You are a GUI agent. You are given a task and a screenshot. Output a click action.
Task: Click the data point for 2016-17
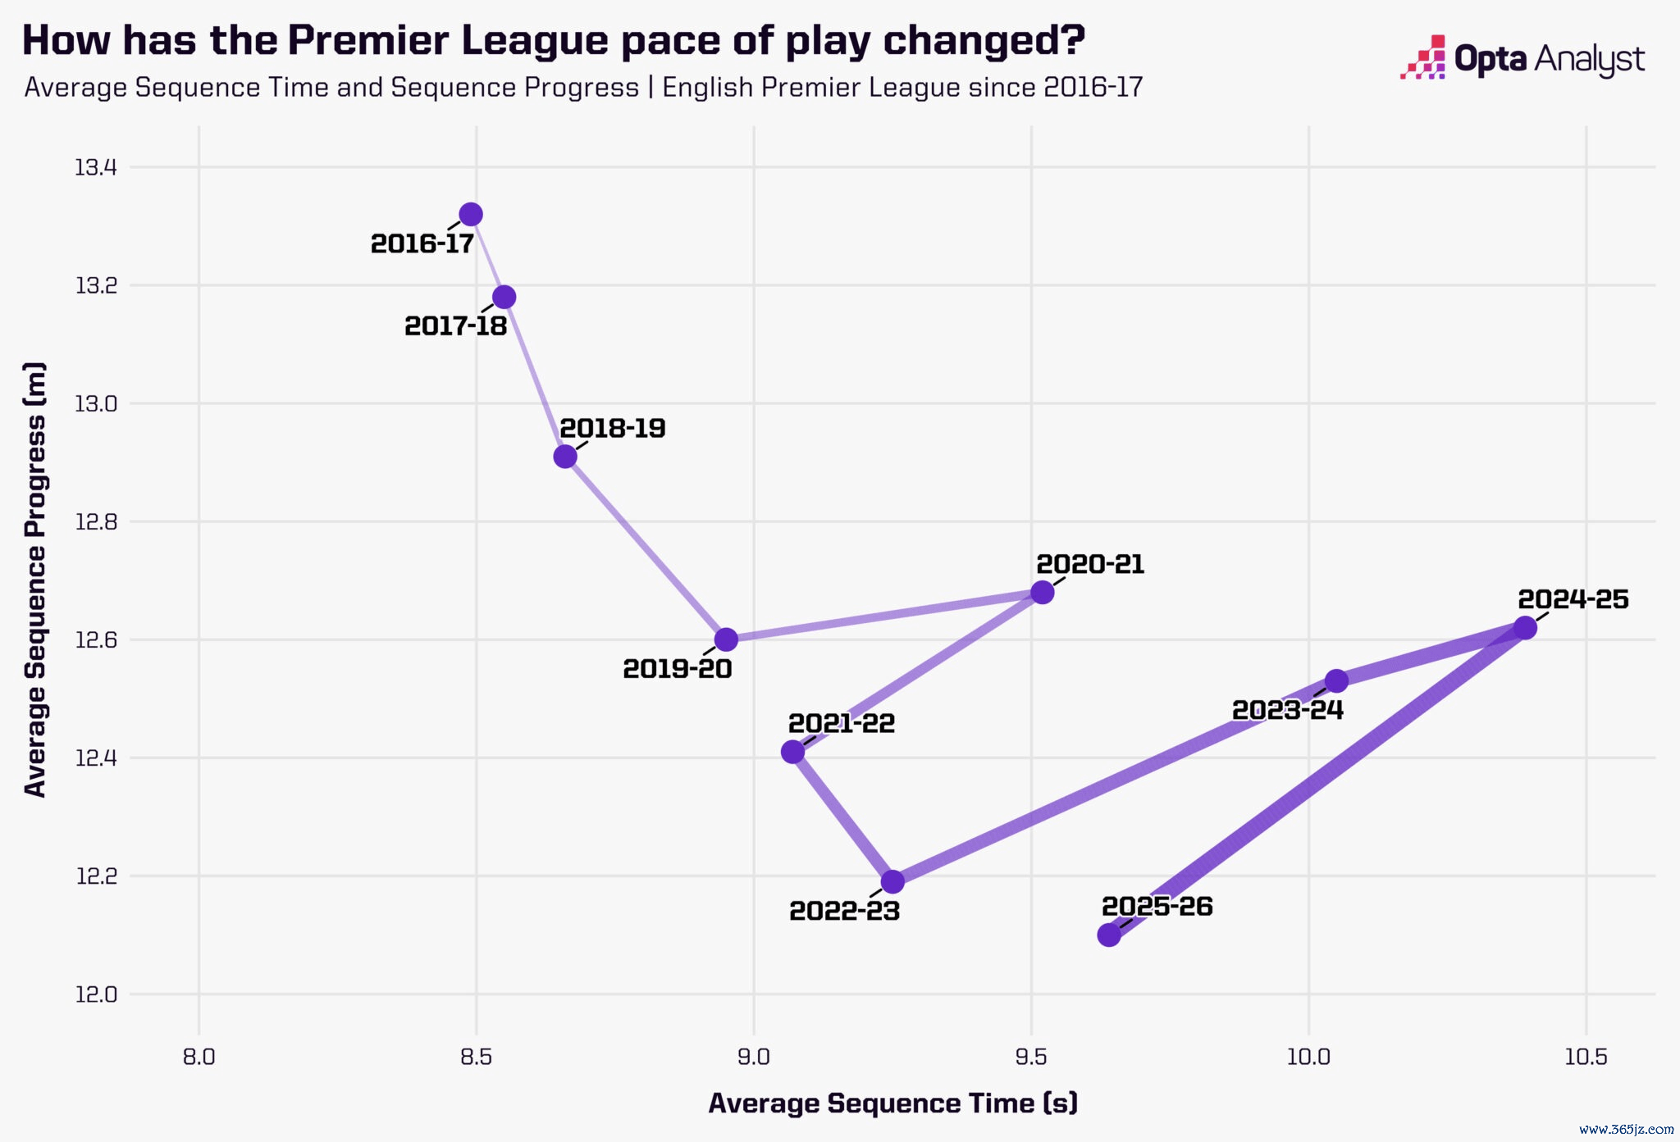click(x=471, y=215)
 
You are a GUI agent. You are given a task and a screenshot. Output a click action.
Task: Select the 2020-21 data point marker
click(x=1042, y=592)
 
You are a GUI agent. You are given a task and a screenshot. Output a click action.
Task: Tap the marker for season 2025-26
click(x=1109, y=935)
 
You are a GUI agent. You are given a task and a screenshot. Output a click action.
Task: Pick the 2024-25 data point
click(x=1525, y=628)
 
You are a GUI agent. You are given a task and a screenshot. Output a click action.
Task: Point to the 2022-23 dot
click(x=892, y=882)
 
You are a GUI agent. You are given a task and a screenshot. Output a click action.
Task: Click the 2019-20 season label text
click(x=678, y=669)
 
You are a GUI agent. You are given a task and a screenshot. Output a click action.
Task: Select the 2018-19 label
click(x=613, y=428)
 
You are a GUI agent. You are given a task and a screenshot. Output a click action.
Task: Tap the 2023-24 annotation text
click(x=1288, y=710)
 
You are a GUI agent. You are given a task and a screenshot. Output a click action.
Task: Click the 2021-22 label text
click(x=842, y=723)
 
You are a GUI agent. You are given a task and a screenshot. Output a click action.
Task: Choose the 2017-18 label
click(x=456, y=326)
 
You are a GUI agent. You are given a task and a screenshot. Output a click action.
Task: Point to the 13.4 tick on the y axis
click(x=96, y=168)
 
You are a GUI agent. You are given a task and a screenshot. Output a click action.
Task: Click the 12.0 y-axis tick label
click(x=96, y=994)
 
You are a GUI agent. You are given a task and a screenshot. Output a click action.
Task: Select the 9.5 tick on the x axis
click(x=1031, y=1057)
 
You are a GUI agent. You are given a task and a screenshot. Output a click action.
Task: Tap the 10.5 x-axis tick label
click(x=1586, y=1057)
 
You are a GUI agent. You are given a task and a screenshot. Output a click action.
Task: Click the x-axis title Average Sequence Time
click(x=892, y=1103)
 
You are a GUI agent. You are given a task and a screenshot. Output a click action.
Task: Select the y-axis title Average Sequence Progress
click(x=35, y=579)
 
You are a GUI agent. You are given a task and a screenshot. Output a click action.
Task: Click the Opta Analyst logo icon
click(x=1423, y=57)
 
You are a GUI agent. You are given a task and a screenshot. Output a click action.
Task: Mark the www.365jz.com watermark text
click(x=1626, y=1129)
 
